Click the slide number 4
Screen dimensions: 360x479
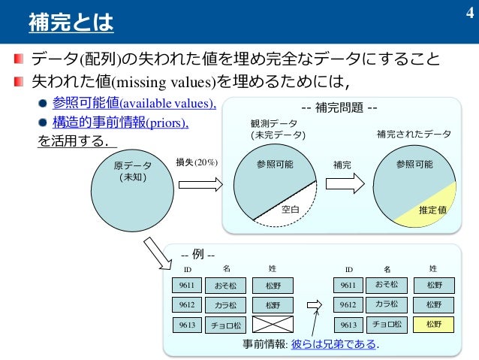point(467,13)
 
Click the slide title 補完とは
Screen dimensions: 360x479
point(70,24)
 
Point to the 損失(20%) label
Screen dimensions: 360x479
point(196,162)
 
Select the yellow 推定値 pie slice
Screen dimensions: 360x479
point(435,210)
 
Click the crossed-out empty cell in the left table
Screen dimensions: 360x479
point(272,325)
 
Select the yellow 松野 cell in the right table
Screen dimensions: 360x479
point(434,325)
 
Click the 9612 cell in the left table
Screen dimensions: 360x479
point(186,305)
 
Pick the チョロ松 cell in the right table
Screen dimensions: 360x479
point(387,325)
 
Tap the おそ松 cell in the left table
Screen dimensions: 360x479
point(225,286)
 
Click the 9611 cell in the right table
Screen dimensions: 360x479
point(348,285)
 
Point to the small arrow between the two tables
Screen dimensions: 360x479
point(318,305)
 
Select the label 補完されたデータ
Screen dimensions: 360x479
point(414,135)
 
